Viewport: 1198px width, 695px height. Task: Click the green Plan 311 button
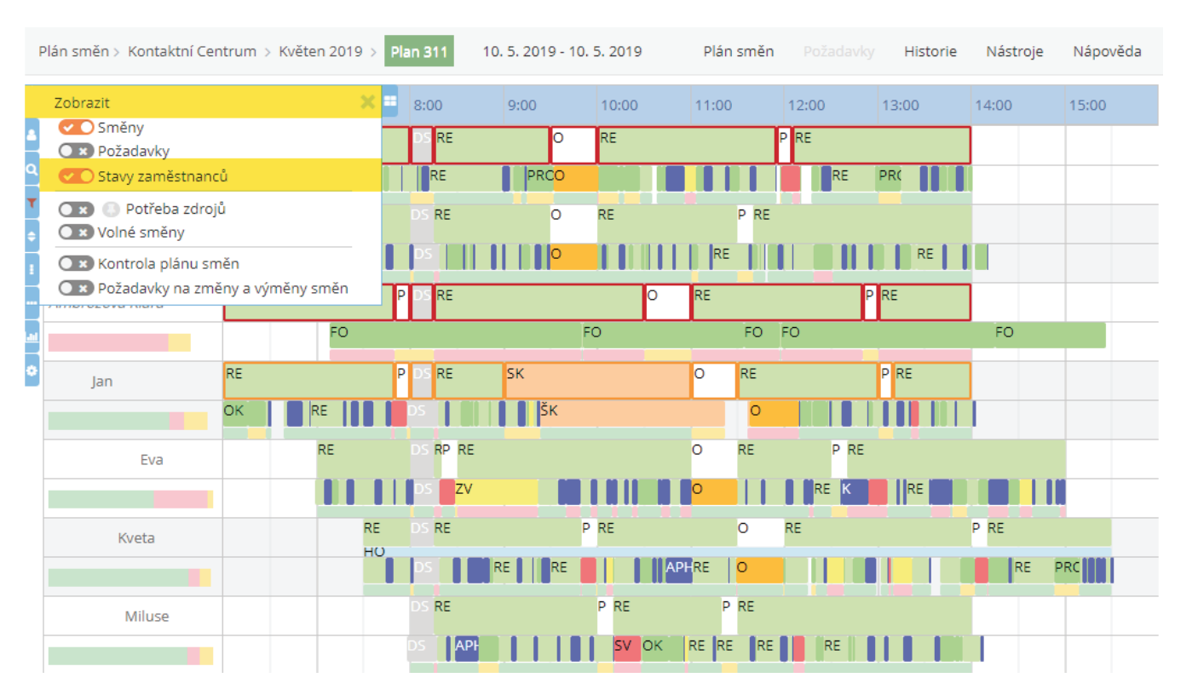coord(418,51)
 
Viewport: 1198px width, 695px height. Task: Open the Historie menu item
coord(930,51)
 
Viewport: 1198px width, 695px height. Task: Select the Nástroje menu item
coord(1014,51)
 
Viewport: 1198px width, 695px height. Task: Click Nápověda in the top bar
coord(1107,51)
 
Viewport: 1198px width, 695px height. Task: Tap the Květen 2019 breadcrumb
coord(320,51)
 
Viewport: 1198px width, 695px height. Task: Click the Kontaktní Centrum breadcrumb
coord(192,51)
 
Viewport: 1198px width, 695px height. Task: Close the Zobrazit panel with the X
coord(368,102)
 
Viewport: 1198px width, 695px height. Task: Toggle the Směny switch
coord(76,128)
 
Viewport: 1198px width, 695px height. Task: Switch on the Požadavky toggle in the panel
coord(76,151)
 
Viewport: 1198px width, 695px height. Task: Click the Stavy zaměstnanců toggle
coord(76,176)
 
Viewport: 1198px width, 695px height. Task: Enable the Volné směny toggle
coord(76,232)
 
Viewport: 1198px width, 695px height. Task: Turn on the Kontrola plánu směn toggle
coord(76,263)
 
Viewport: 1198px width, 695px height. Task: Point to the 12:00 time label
coord(806,106)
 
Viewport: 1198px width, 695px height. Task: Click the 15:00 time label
coord(1087,106)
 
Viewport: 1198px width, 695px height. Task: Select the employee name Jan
coord(102,382)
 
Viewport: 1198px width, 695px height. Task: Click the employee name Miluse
coord(147,616)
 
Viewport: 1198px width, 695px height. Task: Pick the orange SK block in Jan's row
coord(596,381)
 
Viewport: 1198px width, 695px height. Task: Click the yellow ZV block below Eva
coord(495,491)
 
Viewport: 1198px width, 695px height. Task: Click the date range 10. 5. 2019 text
coord(562,51)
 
